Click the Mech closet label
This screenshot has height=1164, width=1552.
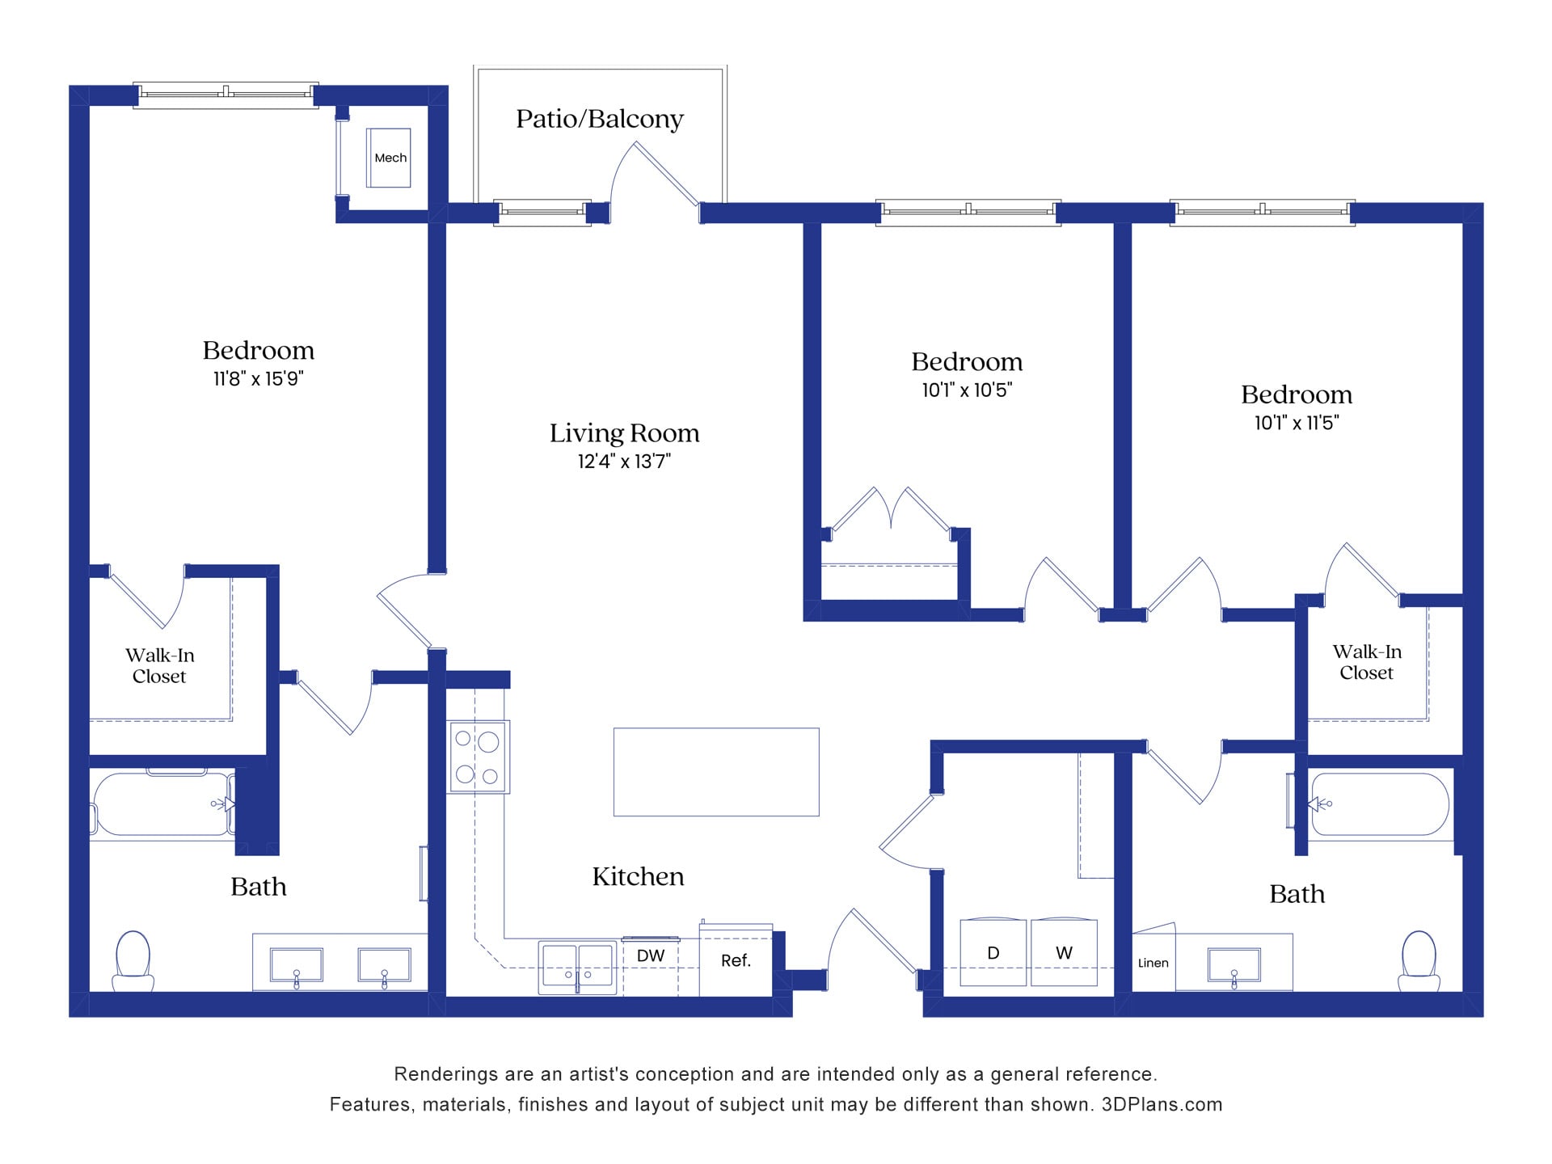tap(390, 158)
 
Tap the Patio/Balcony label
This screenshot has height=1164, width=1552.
tap(600, 119)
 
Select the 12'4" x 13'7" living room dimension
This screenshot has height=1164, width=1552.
tap(624, 462)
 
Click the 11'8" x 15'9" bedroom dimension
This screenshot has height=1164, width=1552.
tap(258, 378)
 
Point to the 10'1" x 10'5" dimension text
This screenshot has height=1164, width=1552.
tap(967, 390)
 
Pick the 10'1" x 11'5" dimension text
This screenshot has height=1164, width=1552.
tap(1297, 423)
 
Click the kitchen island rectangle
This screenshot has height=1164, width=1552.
tap(716, 772)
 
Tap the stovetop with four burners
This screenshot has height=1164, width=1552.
tap(479, 757)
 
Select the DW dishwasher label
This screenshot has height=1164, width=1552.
tap(650, 955)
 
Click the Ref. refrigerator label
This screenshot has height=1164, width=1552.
tap(736, 960)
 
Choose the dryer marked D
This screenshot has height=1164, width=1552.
tap(993, 952)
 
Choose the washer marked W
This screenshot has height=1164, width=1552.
tap(1064, 952)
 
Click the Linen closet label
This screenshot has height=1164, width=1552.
tap(1153, 963)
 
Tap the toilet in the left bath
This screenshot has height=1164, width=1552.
tap(133, 959)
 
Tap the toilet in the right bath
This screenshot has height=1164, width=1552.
tap(1419, 959)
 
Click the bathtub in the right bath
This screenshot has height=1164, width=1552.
tap(1379, 804)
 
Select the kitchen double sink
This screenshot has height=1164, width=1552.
tap(577, 967)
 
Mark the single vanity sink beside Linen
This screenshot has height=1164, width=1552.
tap(1234, 967)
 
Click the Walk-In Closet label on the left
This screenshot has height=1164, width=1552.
tap(159, 665)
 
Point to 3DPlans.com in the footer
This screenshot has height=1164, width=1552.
tap(1162, 1104)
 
